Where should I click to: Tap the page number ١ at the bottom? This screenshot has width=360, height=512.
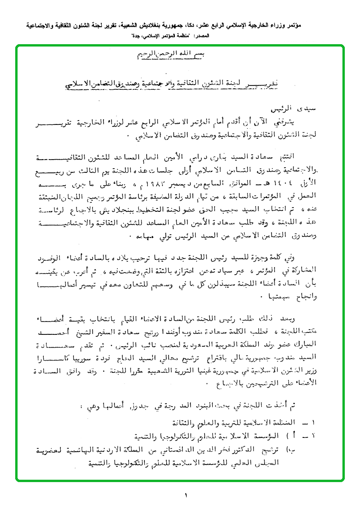[186, 496]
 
